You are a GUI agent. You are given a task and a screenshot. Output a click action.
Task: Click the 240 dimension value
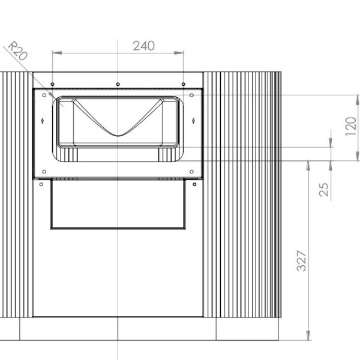[x=144, y=46]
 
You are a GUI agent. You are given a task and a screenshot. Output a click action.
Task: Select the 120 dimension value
[x=352, y=127]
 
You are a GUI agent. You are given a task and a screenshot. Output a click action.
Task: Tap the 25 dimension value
[x=324, y=190]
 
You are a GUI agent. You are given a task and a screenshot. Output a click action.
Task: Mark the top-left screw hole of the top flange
[x=53, y=82]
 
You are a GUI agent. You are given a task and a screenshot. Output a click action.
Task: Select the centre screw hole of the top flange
[x=118, y=82]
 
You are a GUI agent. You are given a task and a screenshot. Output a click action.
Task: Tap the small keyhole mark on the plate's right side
[x=193, y=121]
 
